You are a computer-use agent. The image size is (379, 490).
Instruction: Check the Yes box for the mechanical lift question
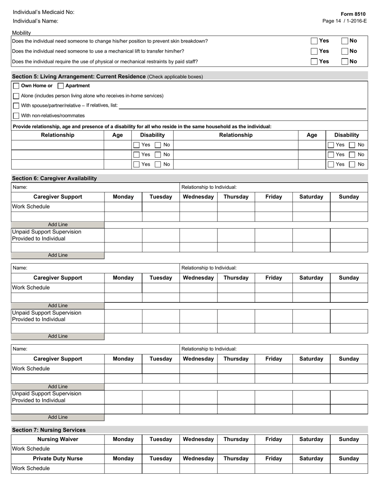tap(314, 51)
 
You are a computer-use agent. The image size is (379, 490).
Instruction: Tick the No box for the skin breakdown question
tap(345, 41)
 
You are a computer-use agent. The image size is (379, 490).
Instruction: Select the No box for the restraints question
tap(345, 61)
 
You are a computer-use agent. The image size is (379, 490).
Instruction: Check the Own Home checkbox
tap(16, 86)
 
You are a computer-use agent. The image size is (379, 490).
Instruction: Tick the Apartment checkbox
tap(61, 86)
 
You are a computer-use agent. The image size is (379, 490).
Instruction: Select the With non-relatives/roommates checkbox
tap(16, 116)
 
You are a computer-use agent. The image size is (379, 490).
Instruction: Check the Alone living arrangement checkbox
tap(16, 96)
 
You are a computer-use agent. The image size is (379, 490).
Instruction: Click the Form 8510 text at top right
tap(353, 14)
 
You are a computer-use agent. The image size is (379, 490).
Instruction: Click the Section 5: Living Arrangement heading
tap(79, 76)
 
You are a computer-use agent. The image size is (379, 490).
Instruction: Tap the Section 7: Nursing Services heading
tap(49, 430)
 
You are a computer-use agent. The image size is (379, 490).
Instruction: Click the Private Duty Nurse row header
tap(58, 459)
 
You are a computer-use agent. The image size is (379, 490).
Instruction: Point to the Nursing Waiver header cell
tap(58, 439)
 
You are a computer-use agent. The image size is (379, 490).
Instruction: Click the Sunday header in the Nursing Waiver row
tap(349, 439)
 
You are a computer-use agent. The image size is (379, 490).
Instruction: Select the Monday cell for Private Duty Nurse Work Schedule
tap(123, 468)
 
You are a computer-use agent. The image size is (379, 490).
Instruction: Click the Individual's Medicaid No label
tap(43, 12)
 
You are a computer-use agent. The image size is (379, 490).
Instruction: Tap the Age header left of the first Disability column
tap(118, 135)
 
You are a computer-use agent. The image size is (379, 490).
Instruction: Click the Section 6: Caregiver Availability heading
tap(54, 178)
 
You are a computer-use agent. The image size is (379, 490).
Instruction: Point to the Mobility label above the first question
tap(22, 33)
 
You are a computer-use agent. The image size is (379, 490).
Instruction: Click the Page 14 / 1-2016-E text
tap(344, 21)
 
